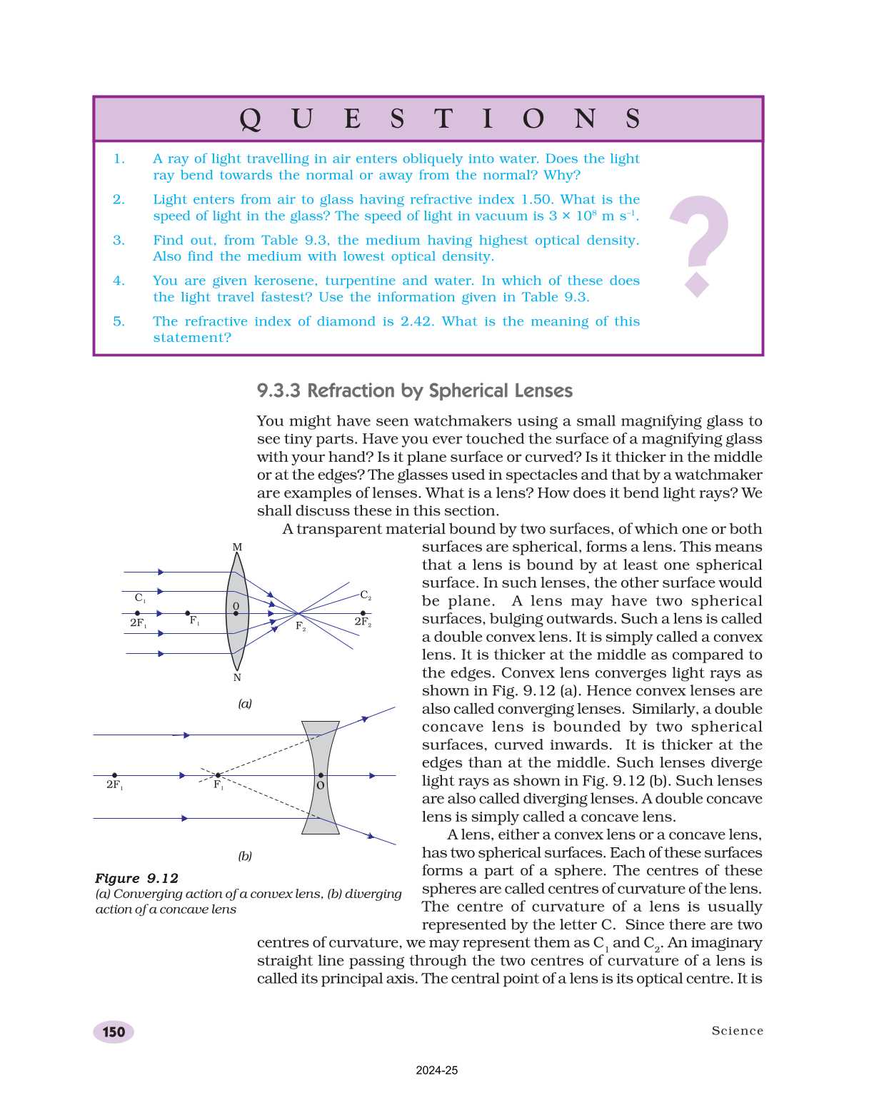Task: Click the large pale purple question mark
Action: click(698, 244)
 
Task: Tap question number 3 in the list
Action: click(119, 241)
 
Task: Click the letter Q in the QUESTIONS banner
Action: click(250, 119)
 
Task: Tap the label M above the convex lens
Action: click(237, 548)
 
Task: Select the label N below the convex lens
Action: click(237, 677)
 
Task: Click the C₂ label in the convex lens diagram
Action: click(365, 595)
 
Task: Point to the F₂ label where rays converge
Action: click(301, 627)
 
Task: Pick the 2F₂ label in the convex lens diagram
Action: click(363, 622)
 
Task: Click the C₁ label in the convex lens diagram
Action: click(140, 598)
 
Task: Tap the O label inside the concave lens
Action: click(320, 785)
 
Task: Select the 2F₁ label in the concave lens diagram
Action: click(114, 785)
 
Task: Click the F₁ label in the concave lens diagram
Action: click(218, 785)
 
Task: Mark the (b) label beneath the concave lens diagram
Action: click(245, 856)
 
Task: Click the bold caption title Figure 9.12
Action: click(137, 879)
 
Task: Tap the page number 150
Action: click(114, 1032)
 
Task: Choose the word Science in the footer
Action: click(737, 1031)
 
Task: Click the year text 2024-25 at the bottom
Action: click(437, 1071)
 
